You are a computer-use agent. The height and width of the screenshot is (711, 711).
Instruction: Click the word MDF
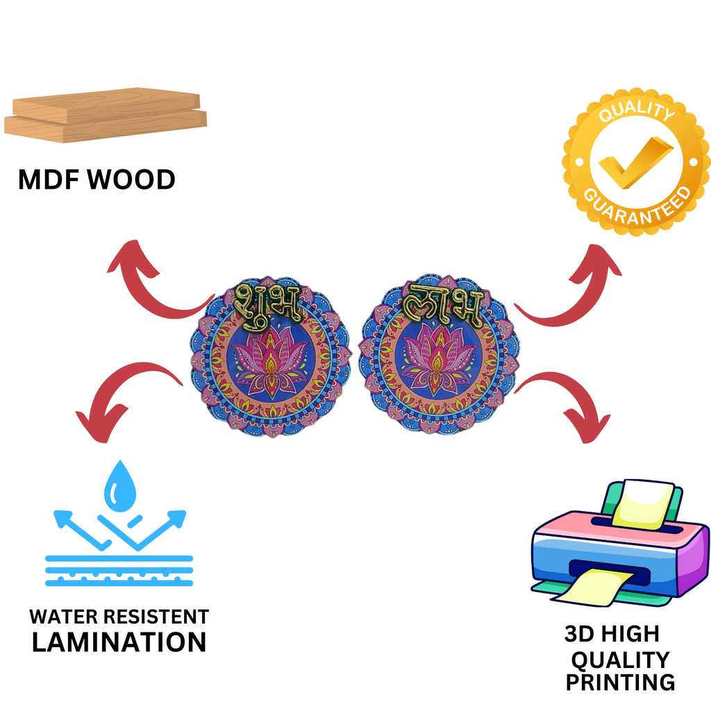[x=49, y=180]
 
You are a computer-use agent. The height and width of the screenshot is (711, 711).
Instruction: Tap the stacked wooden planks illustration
[x=106, y=115]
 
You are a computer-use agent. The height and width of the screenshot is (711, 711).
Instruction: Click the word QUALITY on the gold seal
[x=637, y=112]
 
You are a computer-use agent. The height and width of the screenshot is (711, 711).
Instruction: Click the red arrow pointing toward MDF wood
[x=154, y=281]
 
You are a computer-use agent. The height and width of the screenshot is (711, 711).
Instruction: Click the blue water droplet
[x=120, y=486]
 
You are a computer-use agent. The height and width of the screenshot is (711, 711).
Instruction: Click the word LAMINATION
[x=119, y=642]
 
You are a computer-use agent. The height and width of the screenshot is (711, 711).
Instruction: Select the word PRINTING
[x=620, y=682]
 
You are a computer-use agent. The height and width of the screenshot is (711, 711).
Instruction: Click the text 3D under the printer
[x=579, y=634]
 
